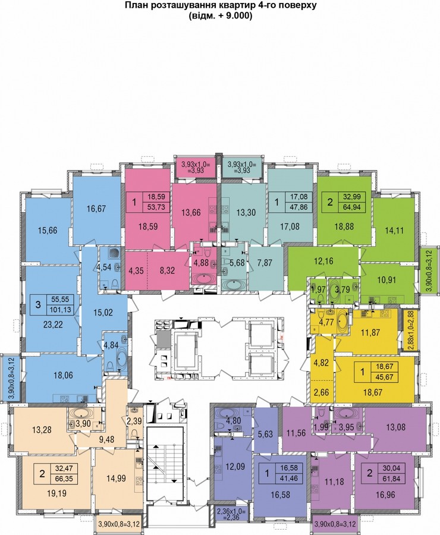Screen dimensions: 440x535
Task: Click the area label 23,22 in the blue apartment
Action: pos(54,325)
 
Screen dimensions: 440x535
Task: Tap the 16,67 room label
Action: pos(96,209)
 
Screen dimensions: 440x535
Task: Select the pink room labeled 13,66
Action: pos(191,213)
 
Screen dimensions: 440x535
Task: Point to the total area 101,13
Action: pos(60,310)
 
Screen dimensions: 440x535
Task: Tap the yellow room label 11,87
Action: pos(370,332)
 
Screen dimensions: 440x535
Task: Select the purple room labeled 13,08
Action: pos(395,427)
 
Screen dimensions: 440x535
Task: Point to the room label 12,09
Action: pos(235,465)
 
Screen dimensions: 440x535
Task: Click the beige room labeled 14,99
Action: pos(117,478)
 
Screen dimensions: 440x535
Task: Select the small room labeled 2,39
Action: pos(135,421)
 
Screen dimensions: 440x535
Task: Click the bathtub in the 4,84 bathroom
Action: pos(121,360)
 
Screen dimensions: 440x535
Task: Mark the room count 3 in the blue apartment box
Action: pos(38,304)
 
